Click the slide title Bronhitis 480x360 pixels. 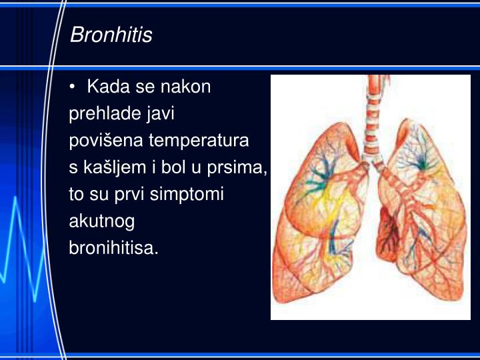(x=111, y=35)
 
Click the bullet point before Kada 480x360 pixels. (x=73, y=87)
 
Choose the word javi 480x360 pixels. (x=162, y=114)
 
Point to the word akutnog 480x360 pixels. (x=101, y=221)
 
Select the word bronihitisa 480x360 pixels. (x=113, y=248)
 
